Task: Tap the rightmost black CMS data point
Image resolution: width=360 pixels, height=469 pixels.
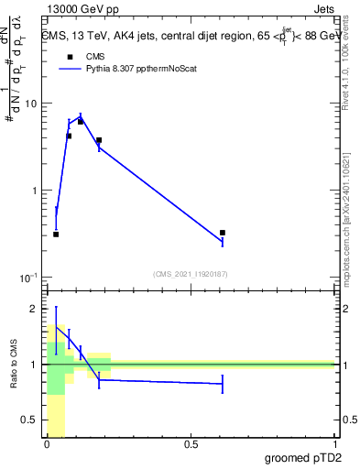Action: (223, 233)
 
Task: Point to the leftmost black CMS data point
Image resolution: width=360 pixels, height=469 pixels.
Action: (56, 234)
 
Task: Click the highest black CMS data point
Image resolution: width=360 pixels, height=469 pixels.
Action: (81, 122)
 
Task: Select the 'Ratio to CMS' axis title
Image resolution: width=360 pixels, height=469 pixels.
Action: (15, 364)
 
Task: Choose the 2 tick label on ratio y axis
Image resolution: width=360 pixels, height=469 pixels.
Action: (35, 309)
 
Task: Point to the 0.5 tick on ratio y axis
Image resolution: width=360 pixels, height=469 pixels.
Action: (30, 420)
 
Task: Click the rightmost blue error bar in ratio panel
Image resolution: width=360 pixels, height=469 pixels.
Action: (223, 385)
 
